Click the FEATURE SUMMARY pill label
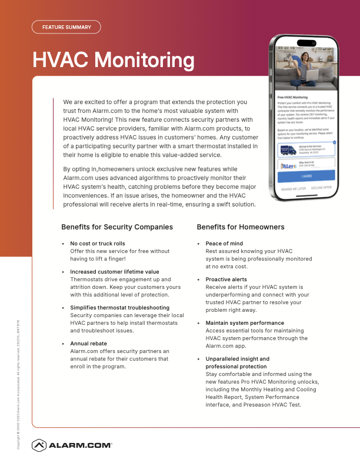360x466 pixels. (66, 27)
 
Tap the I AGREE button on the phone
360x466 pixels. (306, 175)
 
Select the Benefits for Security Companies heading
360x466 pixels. (117, 227)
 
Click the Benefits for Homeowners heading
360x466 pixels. (241, 227)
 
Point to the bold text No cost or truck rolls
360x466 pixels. (98, 243)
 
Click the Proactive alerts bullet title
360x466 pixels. (226, 279)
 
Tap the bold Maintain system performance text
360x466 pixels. (245, 323)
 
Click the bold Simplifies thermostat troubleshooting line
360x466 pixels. (119, 308)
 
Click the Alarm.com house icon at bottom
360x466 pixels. (39, 445)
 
